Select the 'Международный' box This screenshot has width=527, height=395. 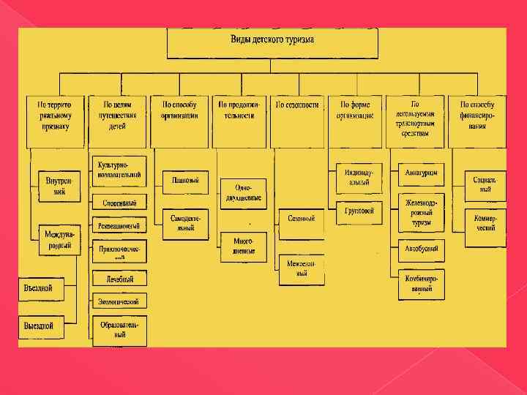tap(58, 240)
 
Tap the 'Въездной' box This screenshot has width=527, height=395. tap(40, 288)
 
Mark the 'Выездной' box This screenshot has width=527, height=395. tap(40, 326)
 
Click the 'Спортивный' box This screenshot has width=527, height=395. tap(119, 201)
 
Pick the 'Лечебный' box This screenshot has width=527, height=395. tap(119, 279)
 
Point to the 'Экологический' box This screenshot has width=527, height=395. tap(119, 301)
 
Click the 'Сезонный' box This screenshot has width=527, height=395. tap(301, 219)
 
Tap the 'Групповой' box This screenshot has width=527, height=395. tap(359, 211)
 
